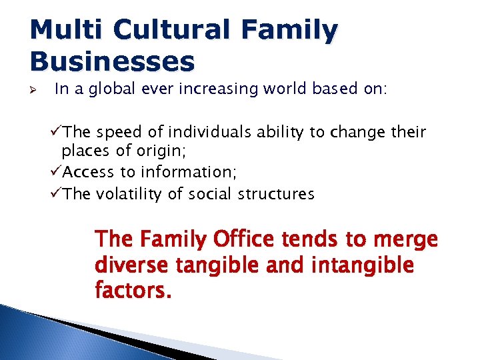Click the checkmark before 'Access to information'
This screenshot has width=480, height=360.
56,172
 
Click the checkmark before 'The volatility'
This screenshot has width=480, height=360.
56,194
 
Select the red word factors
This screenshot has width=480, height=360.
132,291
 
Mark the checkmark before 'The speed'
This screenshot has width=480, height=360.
56,132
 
